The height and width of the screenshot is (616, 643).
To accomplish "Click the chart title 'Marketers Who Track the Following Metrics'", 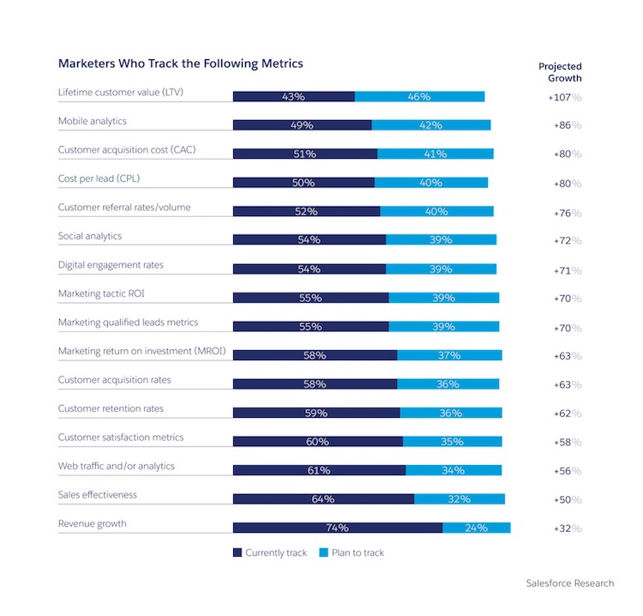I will [180, 63].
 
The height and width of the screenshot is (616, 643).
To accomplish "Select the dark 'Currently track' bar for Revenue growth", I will [337, 528].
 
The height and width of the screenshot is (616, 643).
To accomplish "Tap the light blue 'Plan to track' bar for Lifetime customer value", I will [419, 96].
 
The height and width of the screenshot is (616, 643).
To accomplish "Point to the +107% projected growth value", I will [565, 97].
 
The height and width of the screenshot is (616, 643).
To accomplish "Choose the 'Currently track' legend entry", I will [269, 553].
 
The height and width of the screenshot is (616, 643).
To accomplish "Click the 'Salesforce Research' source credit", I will [569, 583].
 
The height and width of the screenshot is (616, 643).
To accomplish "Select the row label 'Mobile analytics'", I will [92, 121].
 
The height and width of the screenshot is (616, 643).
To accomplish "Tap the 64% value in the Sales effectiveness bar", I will [322, 499].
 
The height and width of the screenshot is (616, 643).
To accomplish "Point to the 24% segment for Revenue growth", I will [476, 528].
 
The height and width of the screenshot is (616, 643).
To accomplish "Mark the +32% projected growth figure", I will [565, 528].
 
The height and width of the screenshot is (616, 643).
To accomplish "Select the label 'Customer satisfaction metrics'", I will [121, 437].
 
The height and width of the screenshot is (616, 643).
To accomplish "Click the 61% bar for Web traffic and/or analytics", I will [318, 470].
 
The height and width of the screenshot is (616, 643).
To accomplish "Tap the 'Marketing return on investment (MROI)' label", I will [141, 351].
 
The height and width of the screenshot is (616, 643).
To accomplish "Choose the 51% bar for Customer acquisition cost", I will [304, 154].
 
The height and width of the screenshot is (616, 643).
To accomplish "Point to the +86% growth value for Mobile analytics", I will [565, 125].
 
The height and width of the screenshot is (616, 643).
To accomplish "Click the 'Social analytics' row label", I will [90, 236].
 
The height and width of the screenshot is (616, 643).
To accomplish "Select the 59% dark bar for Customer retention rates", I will [315, 413].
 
